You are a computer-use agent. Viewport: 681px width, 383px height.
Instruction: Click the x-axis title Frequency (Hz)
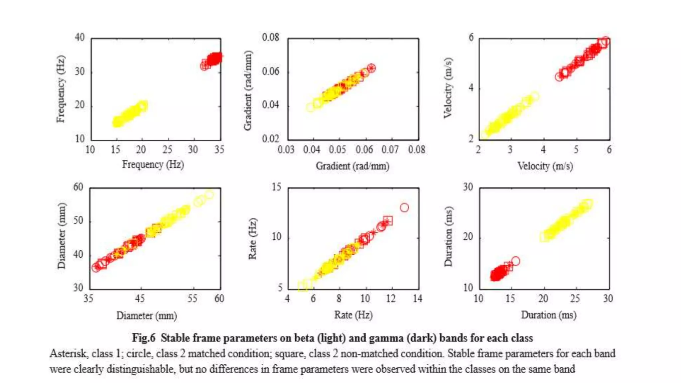153,165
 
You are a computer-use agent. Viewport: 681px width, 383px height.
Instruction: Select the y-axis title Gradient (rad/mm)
248,90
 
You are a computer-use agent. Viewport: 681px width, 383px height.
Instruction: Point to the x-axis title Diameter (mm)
147,315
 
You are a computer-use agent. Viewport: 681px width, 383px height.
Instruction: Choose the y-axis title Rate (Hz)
253,238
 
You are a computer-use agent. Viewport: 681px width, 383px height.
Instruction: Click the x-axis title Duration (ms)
549,315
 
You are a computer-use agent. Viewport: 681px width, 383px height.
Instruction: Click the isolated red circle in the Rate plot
404,208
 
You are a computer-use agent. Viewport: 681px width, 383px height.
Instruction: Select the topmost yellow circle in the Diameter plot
209,194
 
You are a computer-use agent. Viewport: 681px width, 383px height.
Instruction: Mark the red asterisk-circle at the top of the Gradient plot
371,68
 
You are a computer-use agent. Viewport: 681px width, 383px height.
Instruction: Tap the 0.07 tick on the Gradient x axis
390,150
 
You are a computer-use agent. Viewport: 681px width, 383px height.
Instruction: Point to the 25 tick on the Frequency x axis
167,150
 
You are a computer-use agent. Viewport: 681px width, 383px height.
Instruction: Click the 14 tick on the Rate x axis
418,298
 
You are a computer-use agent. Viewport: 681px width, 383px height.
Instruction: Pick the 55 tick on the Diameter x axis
192,298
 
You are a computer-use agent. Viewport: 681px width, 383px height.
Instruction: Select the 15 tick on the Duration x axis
510,298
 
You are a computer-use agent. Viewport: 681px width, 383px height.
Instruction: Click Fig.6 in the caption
144,338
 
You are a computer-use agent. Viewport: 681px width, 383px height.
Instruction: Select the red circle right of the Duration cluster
515,261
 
